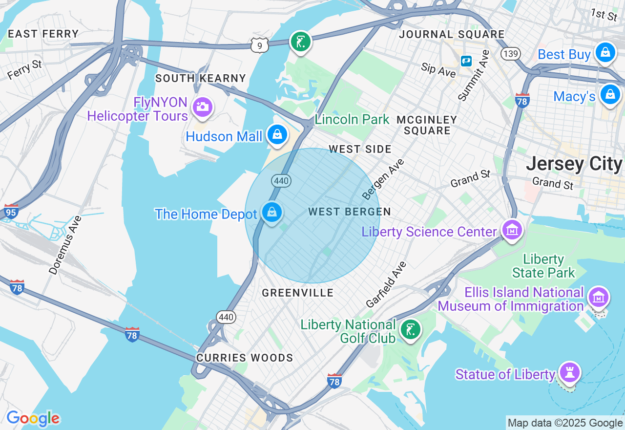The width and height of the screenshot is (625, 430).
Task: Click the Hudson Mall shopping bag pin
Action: click(x=277, y=133)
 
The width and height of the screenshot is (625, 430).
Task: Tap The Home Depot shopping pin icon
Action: click(x=272, y=212)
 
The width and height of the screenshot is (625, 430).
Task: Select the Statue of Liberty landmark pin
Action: click(x=569, y=372)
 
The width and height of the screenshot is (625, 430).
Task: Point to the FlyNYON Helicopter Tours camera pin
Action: click(x=202, y=107)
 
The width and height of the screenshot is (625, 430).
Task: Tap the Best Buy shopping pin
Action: click(x=605, y=52)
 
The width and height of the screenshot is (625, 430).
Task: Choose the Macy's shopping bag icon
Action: click(x=610, y=94)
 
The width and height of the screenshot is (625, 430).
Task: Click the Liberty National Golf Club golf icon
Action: click(x=410, y=329)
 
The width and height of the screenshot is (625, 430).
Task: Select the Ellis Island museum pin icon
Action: click(x=599, y=297)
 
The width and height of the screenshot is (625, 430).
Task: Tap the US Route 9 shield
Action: click(x=260, y=46)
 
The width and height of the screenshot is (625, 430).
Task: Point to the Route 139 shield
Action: click(x=511, y=53)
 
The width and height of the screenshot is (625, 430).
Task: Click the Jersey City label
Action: click(x=574, y=164)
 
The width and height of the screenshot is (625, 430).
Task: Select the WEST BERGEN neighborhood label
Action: click(x=350, y=212)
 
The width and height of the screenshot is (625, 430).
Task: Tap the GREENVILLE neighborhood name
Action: click(x=298, y=293)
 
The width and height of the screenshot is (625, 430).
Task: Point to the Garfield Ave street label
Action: click(x=386, y=284)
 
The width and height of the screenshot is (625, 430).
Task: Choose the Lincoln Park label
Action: click(x=352, y=119)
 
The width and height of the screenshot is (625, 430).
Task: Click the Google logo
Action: click(x=33, y=418)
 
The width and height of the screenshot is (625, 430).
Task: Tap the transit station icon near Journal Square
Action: click(x=466, y=61)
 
